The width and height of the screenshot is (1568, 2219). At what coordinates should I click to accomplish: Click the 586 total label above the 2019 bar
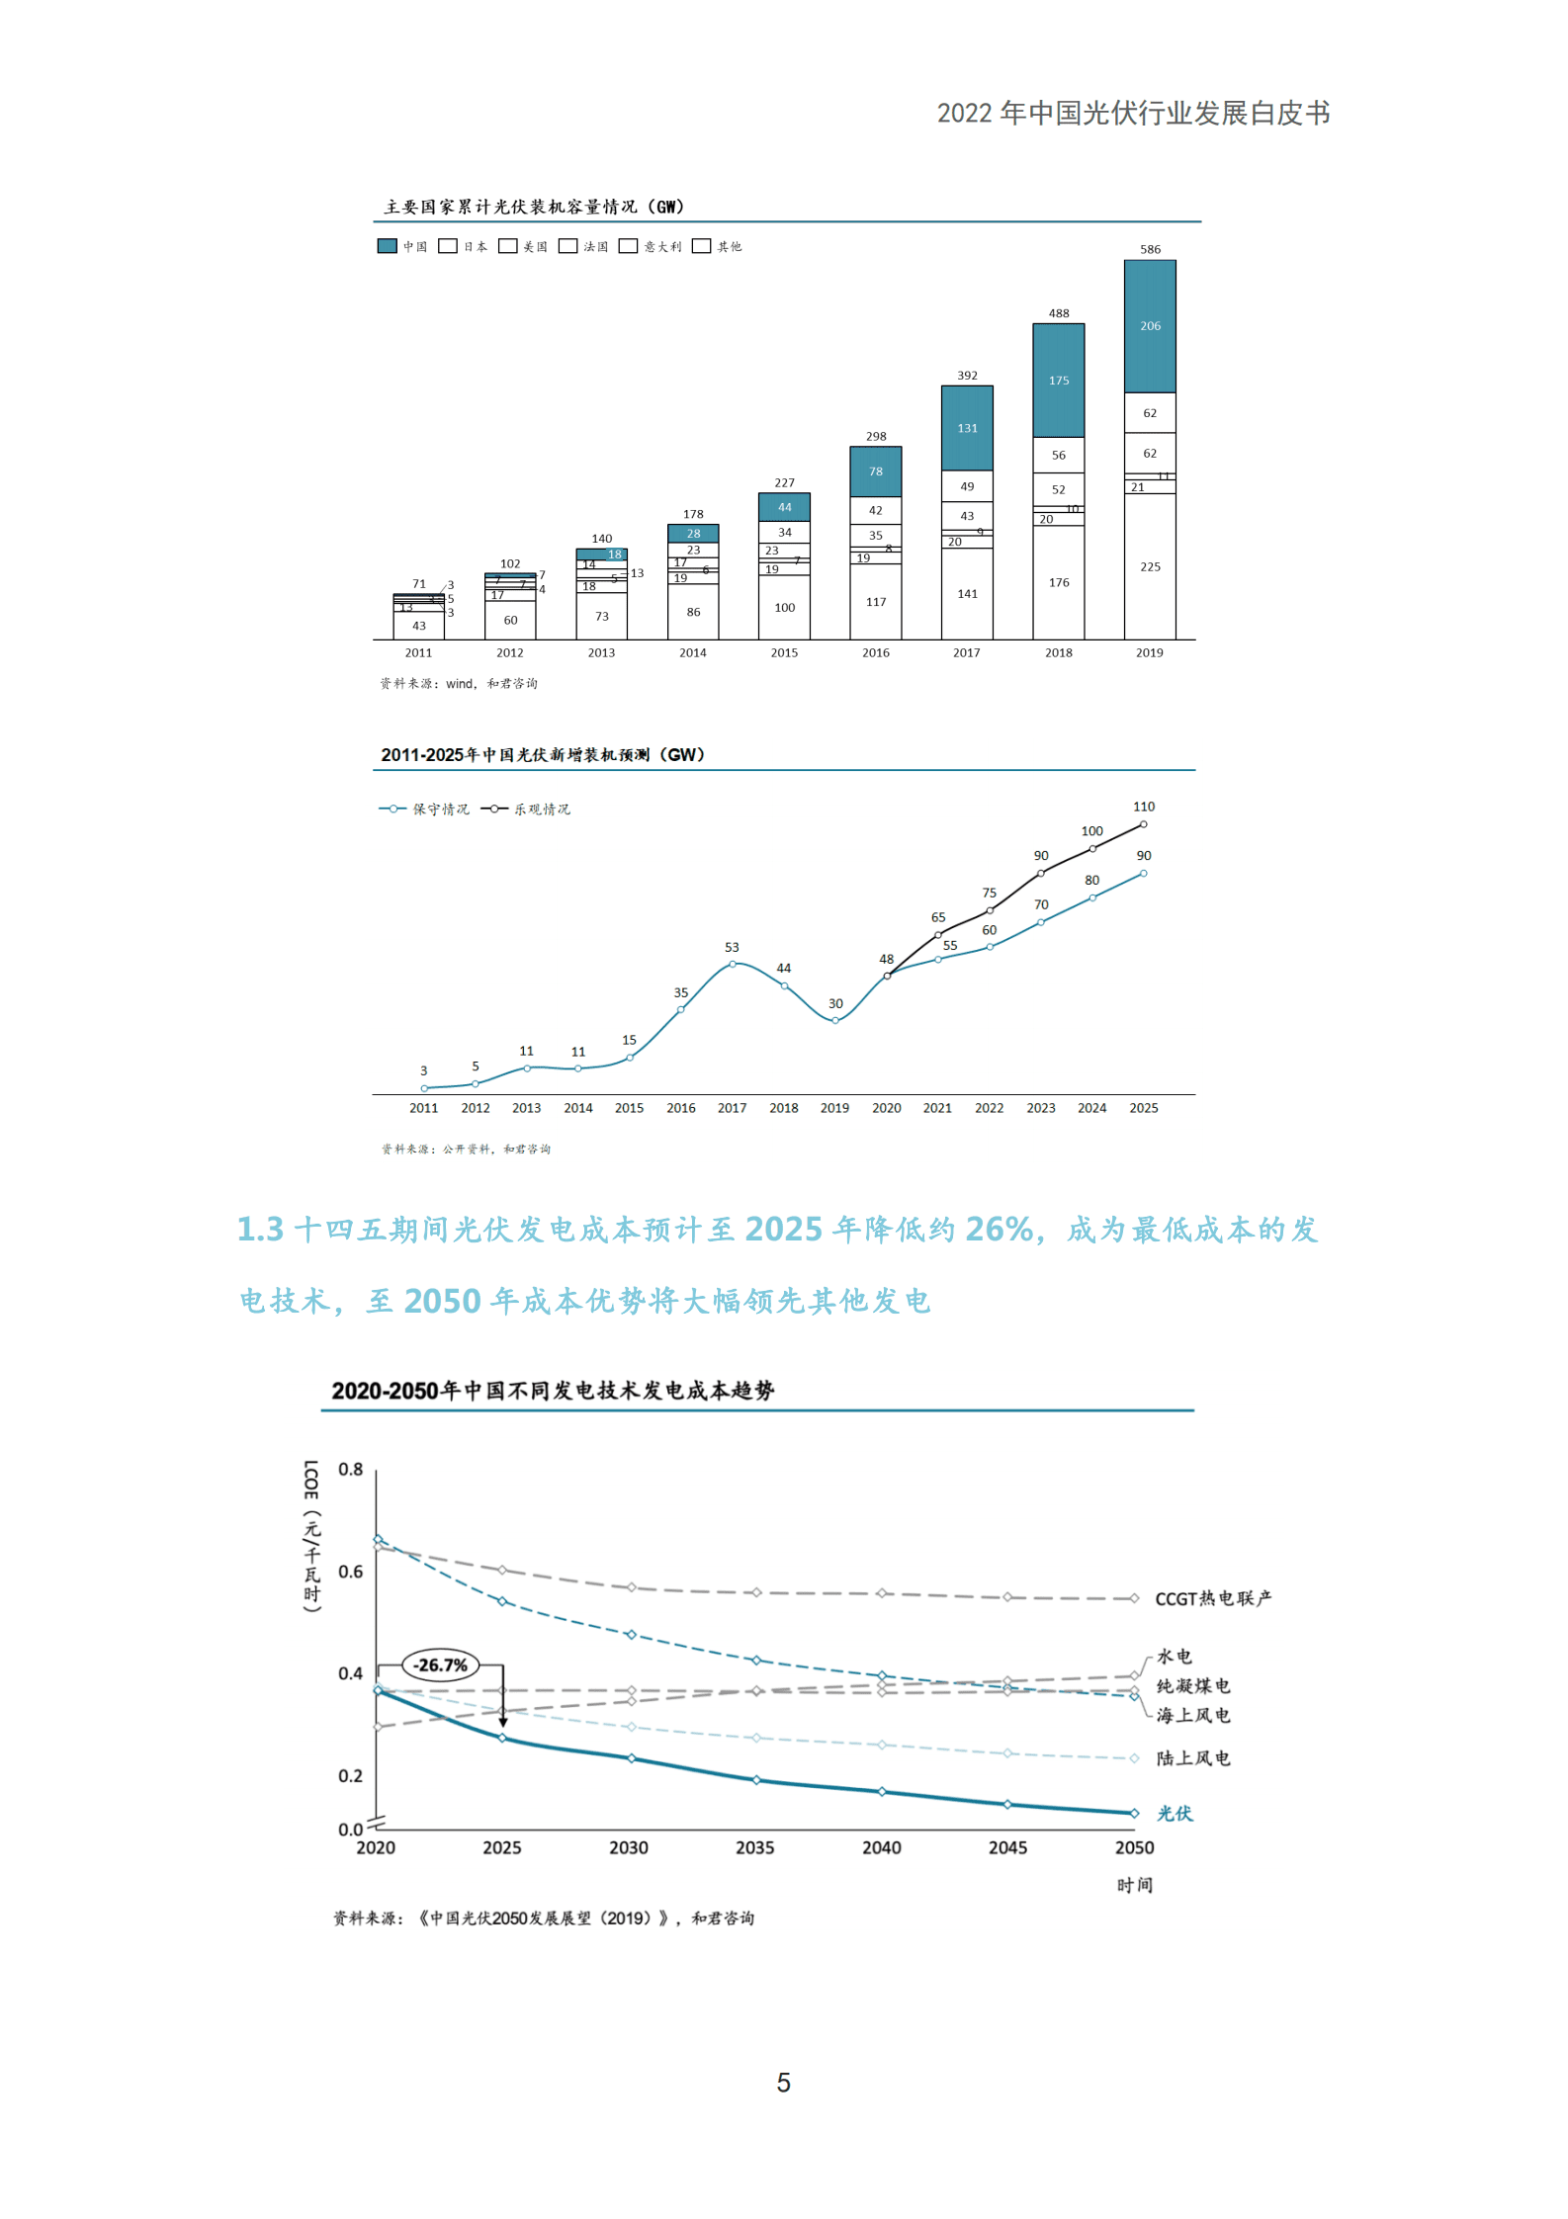coord(1150,249)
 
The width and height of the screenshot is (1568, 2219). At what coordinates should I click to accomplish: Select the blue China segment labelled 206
coord(1150,326)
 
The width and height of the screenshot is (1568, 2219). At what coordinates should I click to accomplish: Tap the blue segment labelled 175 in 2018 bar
coord(1058,381)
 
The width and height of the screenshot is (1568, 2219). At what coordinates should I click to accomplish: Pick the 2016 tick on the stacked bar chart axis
coord(875,652)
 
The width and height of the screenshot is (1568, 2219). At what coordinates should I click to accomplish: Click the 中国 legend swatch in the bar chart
coord(388,246)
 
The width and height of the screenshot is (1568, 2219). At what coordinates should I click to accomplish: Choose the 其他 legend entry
coord(718,246)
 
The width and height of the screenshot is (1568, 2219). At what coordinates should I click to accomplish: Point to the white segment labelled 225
coord(1150,566)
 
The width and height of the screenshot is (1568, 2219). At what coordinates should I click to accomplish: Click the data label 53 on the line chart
coord(732,947)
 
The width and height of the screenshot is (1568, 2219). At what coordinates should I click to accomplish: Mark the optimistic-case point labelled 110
coord(1143,824)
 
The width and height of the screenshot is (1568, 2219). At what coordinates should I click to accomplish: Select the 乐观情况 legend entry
coord(527,809)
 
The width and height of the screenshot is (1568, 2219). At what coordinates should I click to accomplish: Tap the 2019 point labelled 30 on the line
coord(834,1020)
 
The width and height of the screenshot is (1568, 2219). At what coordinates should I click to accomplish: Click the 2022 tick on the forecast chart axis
coord(989,1108)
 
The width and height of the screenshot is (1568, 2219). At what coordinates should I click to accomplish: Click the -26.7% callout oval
coord(441,1664)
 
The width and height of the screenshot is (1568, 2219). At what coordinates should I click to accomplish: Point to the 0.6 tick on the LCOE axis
coord(351,1571)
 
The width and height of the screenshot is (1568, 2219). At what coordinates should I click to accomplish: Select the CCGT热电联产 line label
coord(1213,1598)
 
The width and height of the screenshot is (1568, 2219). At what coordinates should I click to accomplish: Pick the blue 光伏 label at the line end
coord(1175,1813)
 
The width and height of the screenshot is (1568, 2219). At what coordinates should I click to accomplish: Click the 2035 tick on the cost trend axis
coord(754,1847)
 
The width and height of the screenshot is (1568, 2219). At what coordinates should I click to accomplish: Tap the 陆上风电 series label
coord(1193,1757)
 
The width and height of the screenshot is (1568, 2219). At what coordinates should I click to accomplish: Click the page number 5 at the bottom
coord(783,2083)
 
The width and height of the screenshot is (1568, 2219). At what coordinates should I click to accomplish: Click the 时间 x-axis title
coord(1134,1885)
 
